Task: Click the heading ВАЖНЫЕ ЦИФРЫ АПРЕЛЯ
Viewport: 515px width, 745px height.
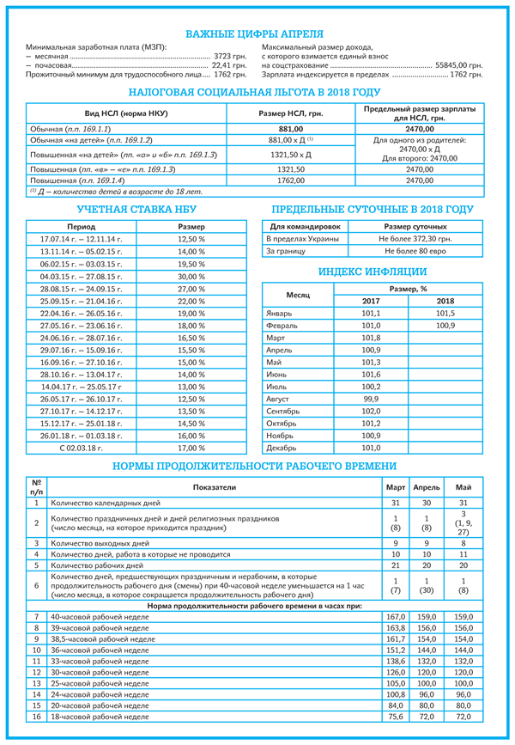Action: coord(257,34)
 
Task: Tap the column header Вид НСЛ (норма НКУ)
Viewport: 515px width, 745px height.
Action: coord(126,114)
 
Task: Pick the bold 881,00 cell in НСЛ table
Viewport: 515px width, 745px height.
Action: coord(291,128)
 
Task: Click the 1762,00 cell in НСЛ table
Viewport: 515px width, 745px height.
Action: coord(291,181)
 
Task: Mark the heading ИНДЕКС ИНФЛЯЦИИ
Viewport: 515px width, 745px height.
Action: coord(373,272)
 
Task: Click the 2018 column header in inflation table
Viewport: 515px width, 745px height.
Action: coord(445,302)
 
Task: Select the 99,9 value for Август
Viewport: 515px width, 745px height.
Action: coord(372,400)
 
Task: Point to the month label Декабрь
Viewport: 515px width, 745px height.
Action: coord(283,448)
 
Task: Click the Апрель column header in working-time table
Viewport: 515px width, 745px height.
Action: coord(427,486)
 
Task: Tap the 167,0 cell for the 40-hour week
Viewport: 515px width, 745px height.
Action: coord(396,617)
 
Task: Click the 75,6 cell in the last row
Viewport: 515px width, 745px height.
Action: coord(396,716)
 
